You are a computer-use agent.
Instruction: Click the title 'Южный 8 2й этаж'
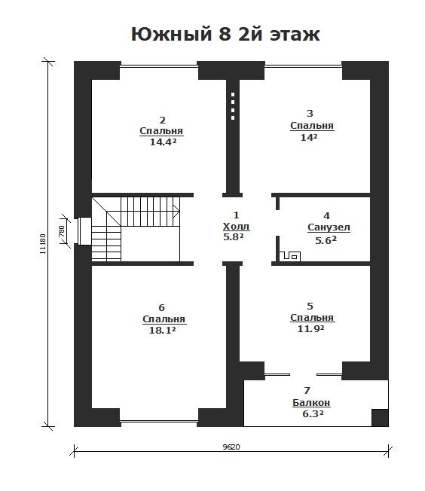[x=225, y=34]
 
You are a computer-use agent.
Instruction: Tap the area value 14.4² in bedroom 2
[x=163, y=142]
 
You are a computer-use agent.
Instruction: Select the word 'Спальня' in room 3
[x=312, y=126]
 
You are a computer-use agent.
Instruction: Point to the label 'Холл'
[x=237, y=227]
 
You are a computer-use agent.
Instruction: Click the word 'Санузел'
[x=329, y=227]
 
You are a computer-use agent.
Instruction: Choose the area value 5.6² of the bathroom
[x=326, y=240]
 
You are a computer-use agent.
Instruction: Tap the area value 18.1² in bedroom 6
[x=162, y=330]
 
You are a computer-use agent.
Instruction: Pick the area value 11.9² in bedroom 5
[x=310, y=329]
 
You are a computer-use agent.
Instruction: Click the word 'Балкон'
[x=311, y=403]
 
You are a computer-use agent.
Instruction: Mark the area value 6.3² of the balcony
[x=313, y=414]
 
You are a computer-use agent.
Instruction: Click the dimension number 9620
[x=231, y=447]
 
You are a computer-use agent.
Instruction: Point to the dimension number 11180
[x=43, y=244]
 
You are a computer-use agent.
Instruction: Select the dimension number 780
[x=62, y=231]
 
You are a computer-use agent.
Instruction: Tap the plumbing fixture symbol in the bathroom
[x=290, y=256]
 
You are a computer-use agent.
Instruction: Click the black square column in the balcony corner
[x=380, y=418]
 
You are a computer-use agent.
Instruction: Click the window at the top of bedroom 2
[x=159, y=66]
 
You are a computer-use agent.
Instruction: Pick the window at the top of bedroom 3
[x=304, y=66]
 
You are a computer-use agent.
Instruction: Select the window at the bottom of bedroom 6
[x=159, y=421]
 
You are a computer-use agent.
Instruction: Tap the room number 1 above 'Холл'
[x=237, y=215]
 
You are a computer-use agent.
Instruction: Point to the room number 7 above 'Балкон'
[x=307, y=391]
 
